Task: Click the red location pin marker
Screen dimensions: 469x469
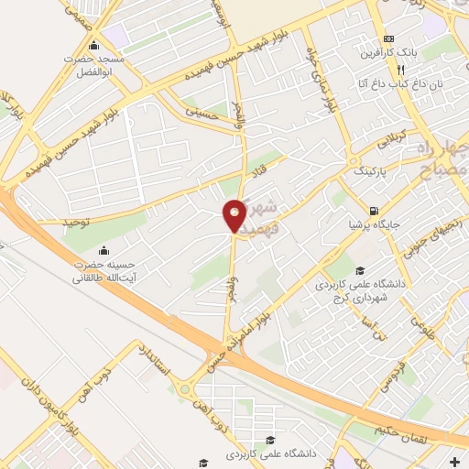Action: click(234, 215)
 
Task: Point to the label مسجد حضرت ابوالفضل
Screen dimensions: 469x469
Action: click(105, 64)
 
